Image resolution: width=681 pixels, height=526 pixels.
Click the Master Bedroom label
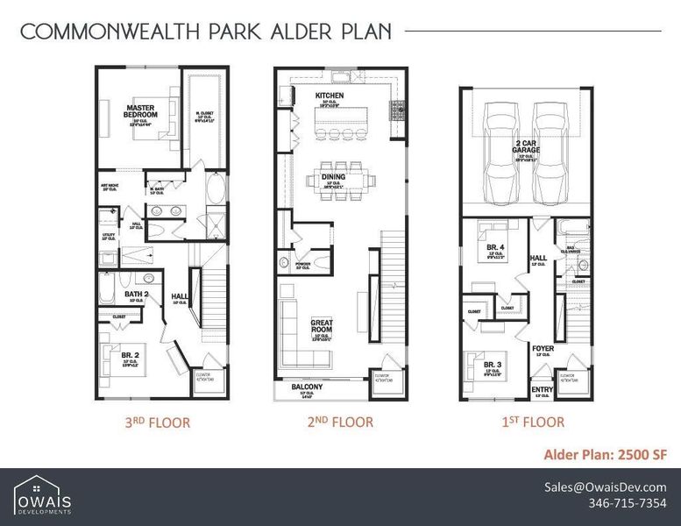(x=140, y=111)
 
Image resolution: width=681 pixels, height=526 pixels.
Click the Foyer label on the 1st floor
(x=543, y=348)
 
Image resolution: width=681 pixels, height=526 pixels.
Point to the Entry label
(x=543, y=390)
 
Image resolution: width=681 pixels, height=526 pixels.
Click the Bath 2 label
(x=136, y=294)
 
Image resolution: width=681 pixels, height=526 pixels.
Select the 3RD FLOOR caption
(x=158, y=423)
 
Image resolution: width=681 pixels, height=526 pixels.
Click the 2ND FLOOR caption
(x=340, y=423)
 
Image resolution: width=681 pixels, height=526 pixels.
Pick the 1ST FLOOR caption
(x=532, y=423)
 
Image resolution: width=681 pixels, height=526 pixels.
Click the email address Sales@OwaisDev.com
(x=605, y=487)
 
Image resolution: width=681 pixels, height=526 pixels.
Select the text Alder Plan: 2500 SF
(x=606, y=454)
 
